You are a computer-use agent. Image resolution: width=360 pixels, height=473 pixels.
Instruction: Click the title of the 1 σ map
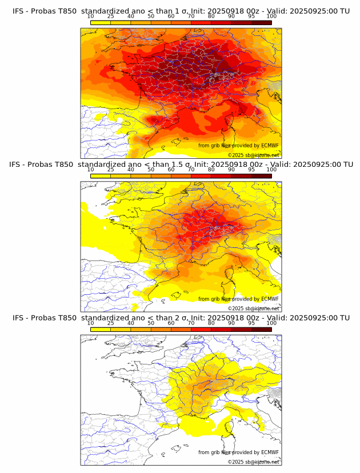(x=181, y=11)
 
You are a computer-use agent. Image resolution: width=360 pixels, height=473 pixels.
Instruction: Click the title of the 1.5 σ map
(x=181, y=165)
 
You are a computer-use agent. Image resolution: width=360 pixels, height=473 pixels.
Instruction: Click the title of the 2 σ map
(x=181, y=318)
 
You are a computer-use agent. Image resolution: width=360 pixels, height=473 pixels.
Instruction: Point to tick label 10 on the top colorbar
(x=91, y=17)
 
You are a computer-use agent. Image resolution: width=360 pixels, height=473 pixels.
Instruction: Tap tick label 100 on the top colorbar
(x=271, y=17)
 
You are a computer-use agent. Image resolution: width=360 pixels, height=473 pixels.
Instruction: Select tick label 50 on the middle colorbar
(x=151, y=170)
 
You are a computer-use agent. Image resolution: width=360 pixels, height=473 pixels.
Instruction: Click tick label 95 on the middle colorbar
(x=251, y=170)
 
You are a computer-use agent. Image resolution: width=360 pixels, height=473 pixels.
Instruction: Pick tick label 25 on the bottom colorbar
(x=110, y=323)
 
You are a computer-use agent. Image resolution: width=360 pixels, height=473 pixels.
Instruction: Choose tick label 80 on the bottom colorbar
(x=211, y=323)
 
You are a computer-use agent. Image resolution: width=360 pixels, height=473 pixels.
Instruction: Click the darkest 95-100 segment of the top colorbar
(x=262, y=22)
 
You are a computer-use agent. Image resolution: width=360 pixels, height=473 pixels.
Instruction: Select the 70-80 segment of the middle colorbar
(x=201, y=175)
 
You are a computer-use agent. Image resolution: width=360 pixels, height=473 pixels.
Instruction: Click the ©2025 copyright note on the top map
(x=254, y=155)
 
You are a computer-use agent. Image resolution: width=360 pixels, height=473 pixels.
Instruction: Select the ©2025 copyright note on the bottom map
(x=254, y=462)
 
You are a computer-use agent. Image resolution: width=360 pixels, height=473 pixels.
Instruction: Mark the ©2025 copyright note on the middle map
(x=254, y=308)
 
